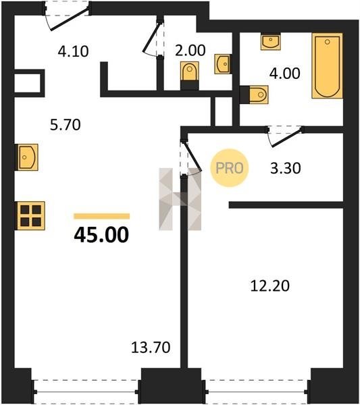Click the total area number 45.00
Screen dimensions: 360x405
pyautogui.click(x=101, y=235)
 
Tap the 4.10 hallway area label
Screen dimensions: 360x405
pyautogui.click(x=73, y=51)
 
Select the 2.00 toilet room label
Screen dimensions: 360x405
pyautogui.click(x=190, y=51)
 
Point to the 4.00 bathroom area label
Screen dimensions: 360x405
pyautogui.click(x=284, y=73)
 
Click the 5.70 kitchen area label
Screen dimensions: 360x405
pyautogui.click(x=65, y=124)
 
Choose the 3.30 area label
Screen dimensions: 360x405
pyautogui.click(x=286, y=168)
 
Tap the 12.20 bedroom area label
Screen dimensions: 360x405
pyautogui.click(x=269, y=286)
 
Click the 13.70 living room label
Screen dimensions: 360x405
pyautogui.click(x=151, y=347)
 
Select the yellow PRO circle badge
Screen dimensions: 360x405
pyautogui.click(x=229, y=168)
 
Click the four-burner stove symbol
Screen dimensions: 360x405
pyautogui.click(x=31, y=216)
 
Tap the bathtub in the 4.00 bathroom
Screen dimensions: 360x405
pyautogui.click(x=327, y=65)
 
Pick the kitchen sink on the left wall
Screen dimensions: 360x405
pyautogui.click(x=28, y=157)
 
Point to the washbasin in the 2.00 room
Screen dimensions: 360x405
pyautogui.click(x=222, y=64)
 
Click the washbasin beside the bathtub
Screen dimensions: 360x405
pyautogui.click(x=271, y=41)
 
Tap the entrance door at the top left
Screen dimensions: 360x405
pyautogui.click(x=70, y=20)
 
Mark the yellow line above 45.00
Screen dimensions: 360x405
pyautogui.click(x=101, y=216)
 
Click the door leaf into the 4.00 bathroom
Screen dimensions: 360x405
pyautogui.click(x=286, y=138)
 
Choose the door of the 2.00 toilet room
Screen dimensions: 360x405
pyautogui.click(x=151, y=36)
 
